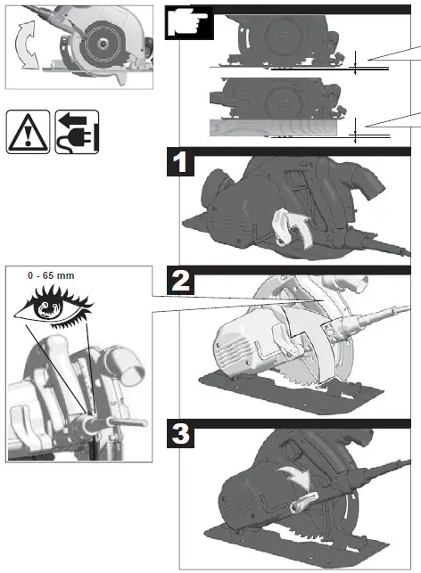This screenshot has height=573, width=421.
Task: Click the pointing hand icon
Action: [189, 24]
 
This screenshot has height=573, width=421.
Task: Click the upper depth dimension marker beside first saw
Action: [355, 63]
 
